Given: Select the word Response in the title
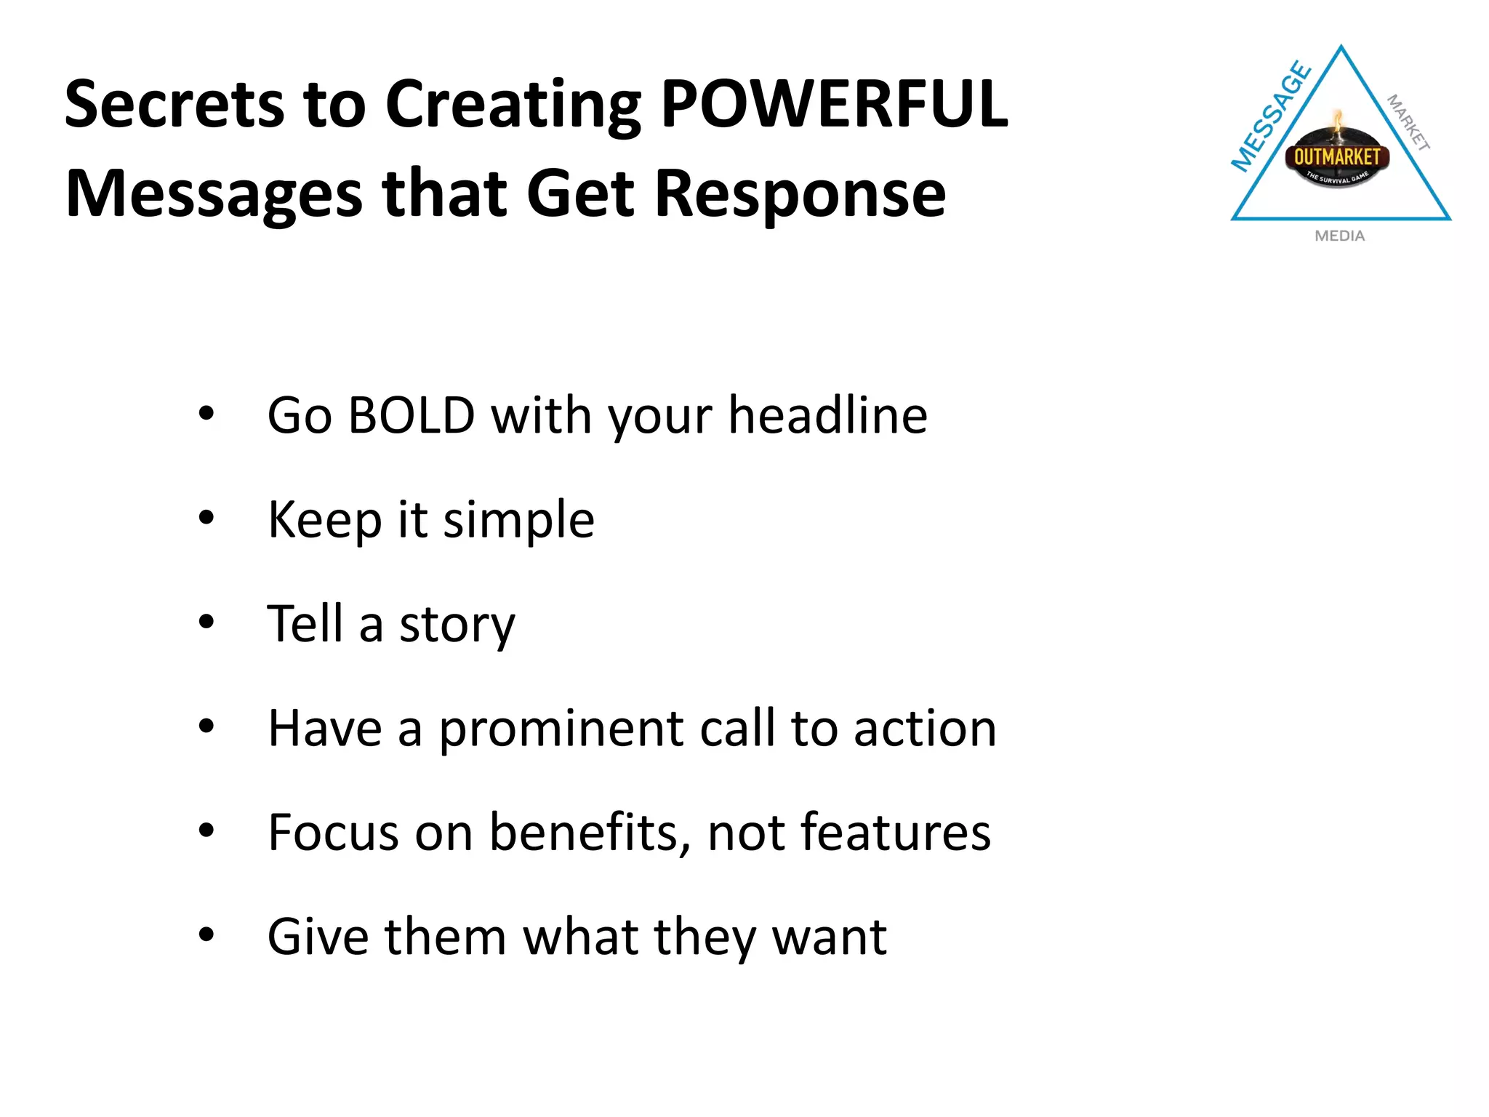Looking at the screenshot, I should [800, 193].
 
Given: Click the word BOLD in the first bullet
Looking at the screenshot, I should [411, 415].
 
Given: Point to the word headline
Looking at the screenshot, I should [827, 415].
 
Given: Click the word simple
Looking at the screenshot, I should [518, 520].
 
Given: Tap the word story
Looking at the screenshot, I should [457, 625].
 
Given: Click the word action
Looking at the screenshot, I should [925, 729].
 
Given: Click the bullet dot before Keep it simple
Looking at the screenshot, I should [206, 518].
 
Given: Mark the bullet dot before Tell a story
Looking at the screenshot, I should [206, 622].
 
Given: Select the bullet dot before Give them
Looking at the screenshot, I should [206, 934].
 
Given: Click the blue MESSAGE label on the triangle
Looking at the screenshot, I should [1270, 117].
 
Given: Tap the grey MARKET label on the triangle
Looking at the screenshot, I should [1408, 122].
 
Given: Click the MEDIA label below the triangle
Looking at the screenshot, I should [1339, 236].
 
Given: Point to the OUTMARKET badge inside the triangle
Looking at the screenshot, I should [1336, 157].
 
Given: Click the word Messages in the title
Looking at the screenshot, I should [214, 193].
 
